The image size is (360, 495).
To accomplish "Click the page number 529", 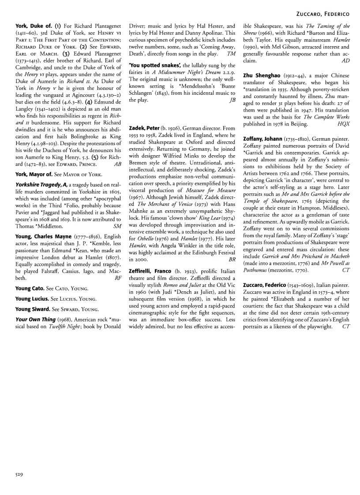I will click(x=17, y=474).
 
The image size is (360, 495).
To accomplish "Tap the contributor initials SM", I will click(x=118, y=226).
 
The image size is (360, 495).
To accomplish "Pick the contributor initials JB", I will click(x=232, y=100).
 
